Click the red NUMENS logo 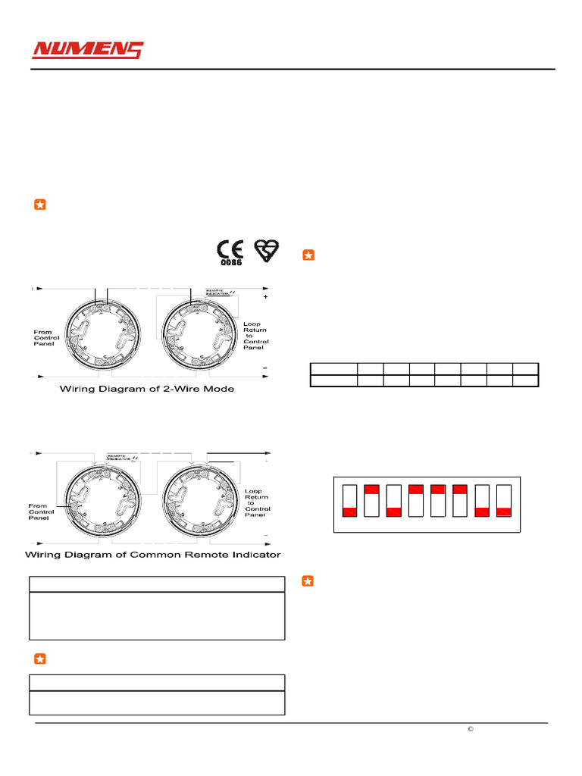point(87,51)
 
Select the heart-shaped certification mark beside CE point(267,251)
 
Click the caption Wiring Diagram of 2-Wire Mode point(147,389)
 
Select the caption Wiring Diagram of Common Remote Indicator point(153,554)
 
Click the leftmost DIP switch point(349,500)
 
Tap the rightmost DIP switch point(504,500)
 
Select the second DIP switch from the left point(371,500)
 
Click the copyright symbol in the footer point(470,729)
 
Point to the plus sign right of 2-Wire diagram point(265,298)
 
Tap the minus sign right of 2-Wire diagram point(265,368)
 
